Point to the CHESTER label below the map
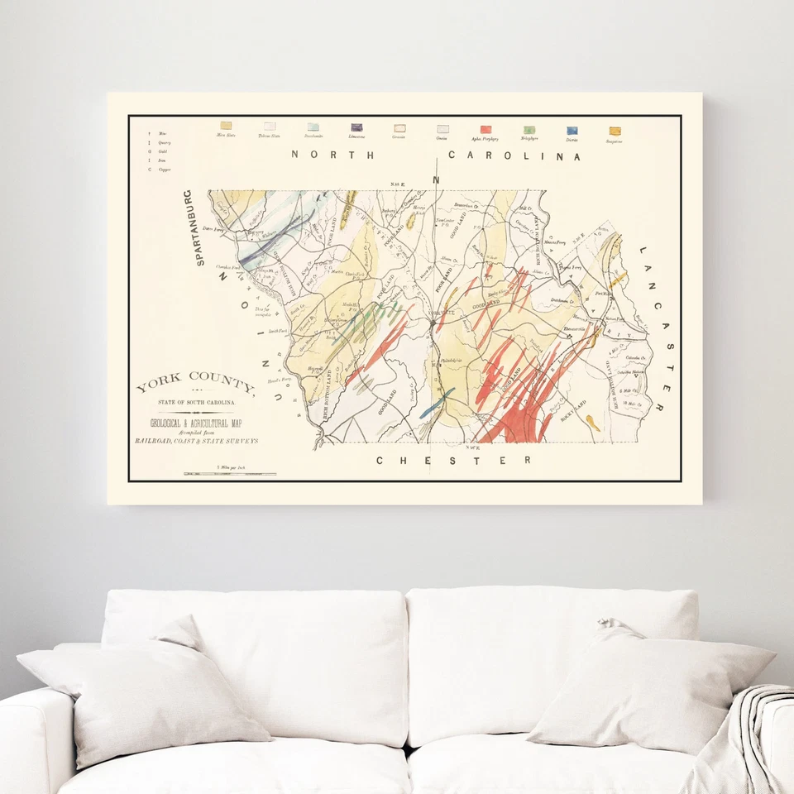click(x=453, y=460)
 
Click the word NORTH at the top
click(x=332, y=155)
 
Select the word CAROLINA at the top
click(x=514, y=155)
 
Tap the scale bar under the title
click(x=230, y=474)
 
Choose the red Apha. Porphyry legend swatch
click(x=485, y=129)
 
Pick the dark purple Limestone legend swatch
click(x=356, y=128)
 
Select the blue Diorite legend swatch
click(x=572, y=130)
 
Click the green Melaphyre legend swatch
click(x=529, y=130)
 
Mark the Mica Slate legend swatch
click(x=225, y=126)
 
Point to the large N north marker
click(x=437, y=179)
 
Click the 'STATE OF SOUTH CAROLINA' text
click(x=196, y=402)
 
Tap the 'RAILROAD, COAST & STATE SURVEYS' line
click(x=196, y=442)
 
